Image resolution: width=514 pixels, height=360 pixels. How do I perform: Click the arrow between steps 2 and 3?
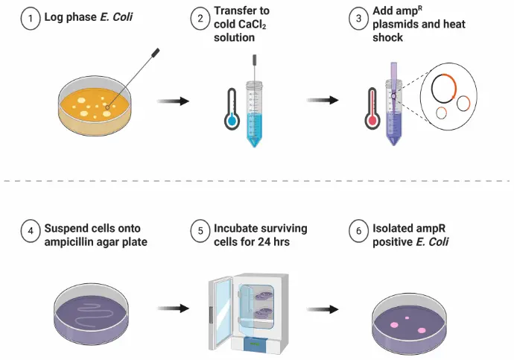[323, 99]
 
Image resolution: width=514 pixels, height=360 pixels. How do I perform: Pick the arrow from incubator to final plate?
[323, 306]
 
